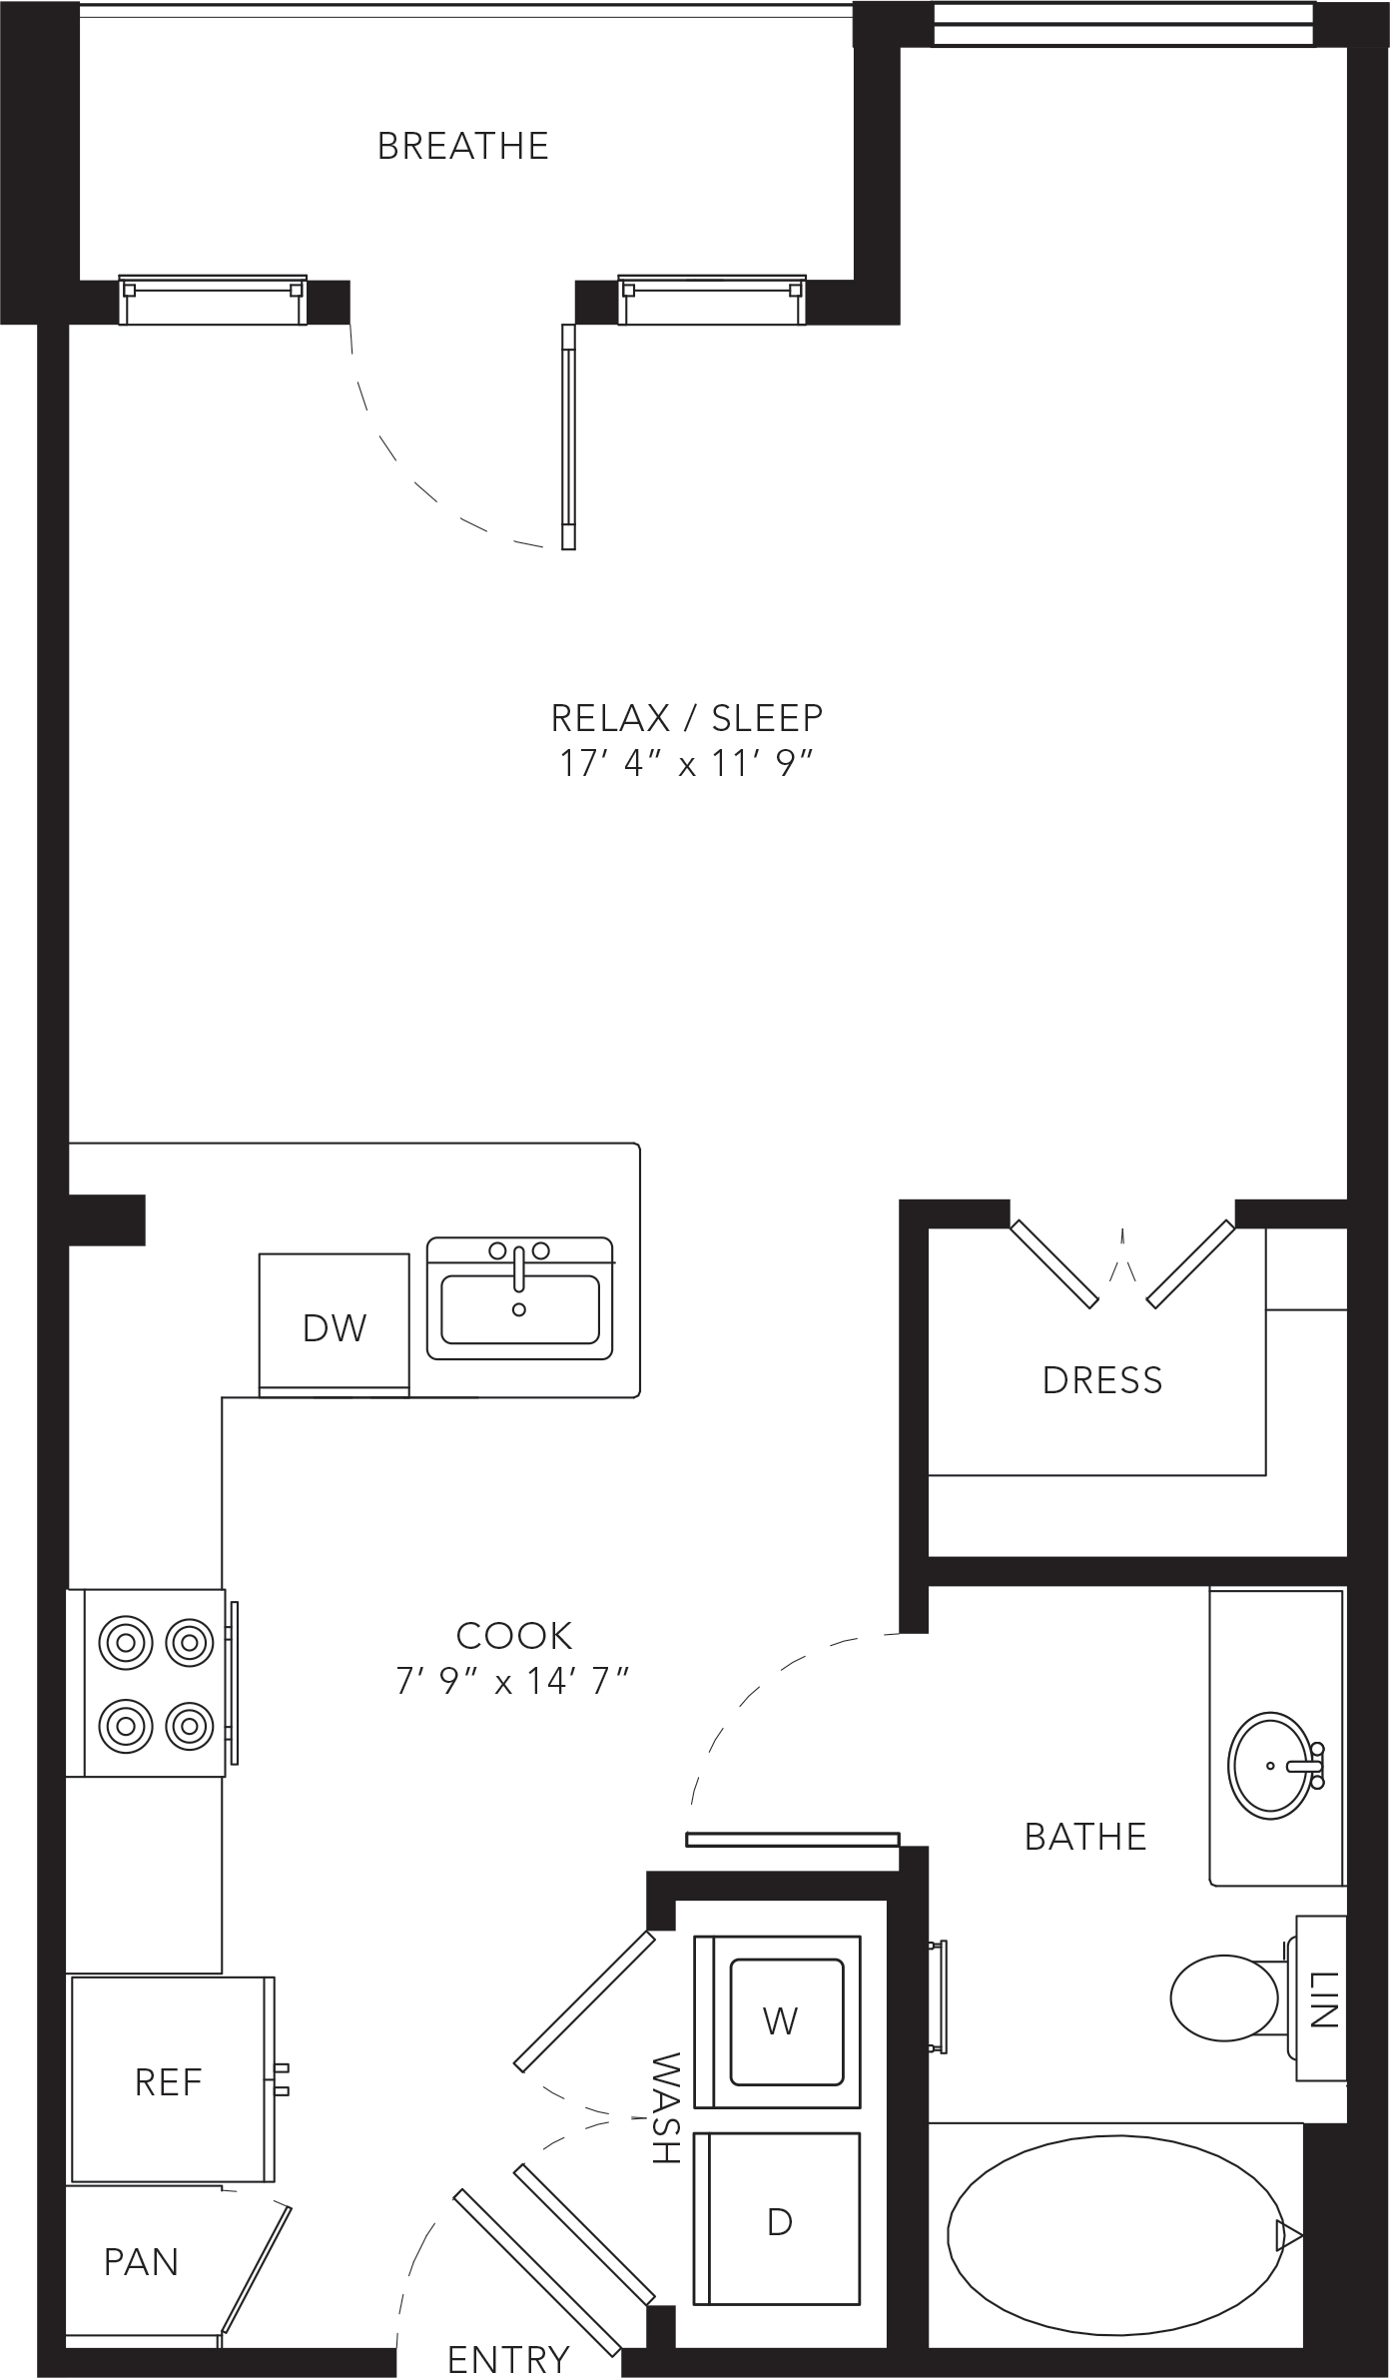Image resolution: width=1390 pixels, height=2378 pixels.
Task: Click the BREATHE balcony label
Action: pyautogui.click(x=463, y=146)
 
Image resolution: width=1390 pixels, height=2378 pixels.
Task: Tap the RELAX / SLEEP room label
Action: pyautogui.click(x=687, y=717)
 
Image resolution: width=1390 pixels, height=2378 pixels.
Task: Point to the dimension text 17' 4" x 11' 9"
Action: pyautogui.click(x=687, y=764)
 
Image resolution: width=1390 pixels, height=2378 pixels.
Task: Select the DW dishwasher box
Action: pyautogui.click(x=334, y=1324)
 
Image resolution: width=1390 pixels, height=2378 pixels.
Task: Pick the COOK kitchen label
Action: pyautogui.click(x=514, y=1635)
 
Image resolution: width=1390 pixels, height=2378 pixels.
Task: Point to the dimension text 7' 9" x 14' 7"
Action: pyautogui.click(x=512, y=1682)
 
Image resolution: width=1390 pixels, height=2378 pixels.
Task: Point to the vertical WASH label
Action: pyautogui.click(x=665, y=2107)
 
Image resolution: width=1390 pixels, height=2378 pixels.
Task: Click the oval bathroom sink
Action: pyautogui.click(x=1271, y=1766)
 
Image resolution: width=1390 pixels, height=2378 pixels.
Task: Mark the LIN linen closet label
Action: pyautogui.click(x=1322, y=1998)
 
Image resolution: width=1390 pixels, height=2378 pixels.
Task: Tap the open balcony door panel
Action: pyautogui.click(x=569, y=436)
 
